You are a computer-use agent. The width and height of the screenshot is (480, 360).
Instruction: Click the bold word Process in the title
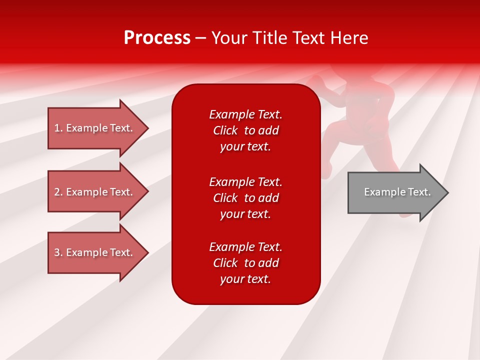coord(157,38)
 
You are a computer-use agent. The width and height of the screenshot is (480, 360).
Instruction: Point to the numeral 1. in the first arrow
coord(58,128)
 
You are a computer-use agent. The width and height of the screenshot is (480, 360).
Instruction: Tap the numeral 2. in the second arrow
coord(58,192)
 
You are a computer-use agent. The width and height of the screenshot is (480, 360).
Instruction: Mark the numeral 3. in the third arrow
coord(58,252)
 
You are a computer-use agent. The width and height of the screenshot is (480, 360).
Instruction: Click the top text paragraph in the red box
coord(245,130)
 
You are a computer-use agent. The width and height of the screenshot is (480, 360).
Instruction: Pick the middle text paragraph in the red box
coord(245,197)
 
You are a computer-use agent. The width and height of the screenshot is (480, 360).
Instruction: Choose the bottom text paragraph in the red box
coord(245,263)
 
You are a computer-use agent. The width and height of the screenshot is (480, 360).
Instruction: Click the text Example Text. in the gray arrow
coord(397,192)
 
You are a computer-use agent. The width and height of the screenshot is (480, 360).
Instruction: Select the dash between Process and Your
coord(201,38)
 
